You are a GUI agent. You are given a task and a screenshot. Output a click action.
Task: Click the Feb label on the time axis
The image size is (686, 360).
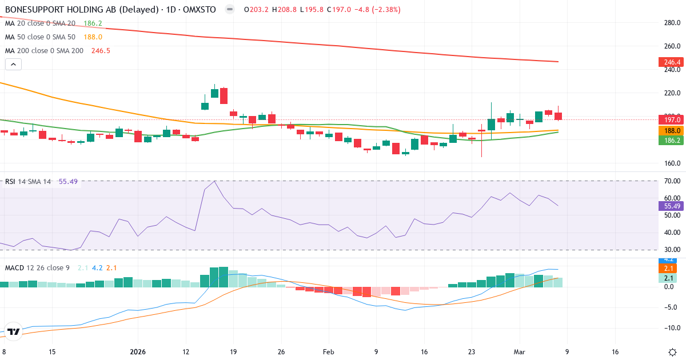point(328,352)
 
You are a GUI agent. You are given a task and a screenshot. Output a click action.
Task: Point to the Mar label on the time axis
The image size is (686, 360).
point(519,352)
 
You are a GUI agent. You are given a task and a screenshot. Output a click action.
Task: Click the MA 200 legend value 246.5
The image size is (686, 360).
point(101,51)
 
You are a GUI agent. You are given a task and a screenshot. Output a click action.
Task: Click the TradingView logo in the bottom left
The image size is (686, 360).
point(14,331)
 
